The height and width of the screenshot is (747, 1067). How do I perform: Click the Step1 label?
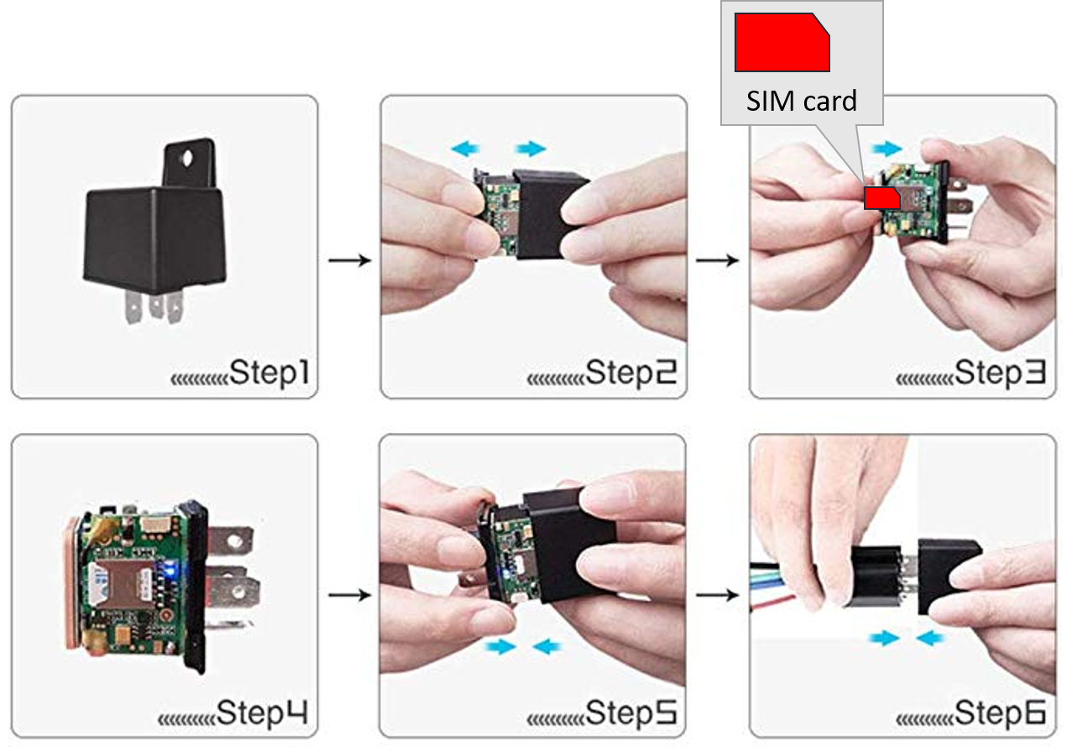[269, 373]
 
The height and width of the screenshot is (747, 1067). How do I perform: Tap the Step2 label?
[630, 373]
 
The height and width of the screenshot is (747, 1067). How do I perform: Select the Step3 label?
[1000, 373]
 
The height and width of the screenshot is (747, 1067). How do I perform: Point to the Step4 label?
[262, 713]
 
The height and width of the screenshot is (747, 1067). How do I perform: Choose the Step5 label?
[630, 713]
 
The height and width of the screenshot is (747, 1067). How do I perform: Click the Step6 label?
[1000, 713]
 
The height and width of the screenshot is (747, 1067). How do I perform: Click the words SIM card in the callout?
[801, 101]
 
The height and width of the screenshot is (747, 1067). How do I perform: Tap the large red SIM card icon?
[782, 42]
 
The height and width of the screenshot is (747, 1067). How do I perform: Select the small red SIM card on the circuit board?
[881, 197]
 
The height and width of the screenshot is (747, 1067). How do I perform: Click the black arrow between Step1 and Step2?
[349, 260]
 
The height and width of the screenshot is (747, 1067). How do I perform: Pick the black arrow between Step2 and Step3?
[718, 260]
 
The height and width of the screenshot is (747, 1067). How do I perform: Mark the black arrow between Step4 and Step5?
[349, 594]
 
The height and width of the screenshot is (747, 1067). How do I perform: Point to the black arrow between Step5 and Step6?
[718, 594]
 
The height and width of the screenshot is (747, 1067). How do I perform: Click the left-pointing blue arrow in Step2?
[465, 149]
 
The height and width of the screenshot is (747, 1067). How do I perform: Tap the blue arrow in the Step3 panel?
[887, 149]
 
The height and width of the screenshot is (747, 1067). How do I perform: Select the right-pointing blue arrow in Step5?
[500, 646]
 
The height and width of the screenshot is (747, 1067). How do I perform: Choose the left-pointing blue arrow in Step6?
[930, 638]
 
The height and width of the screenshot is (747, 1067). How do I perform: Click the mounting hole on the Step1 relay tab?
[188, 158]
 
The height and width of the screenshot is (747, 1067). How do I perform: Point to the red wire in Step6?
[772, 603]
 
